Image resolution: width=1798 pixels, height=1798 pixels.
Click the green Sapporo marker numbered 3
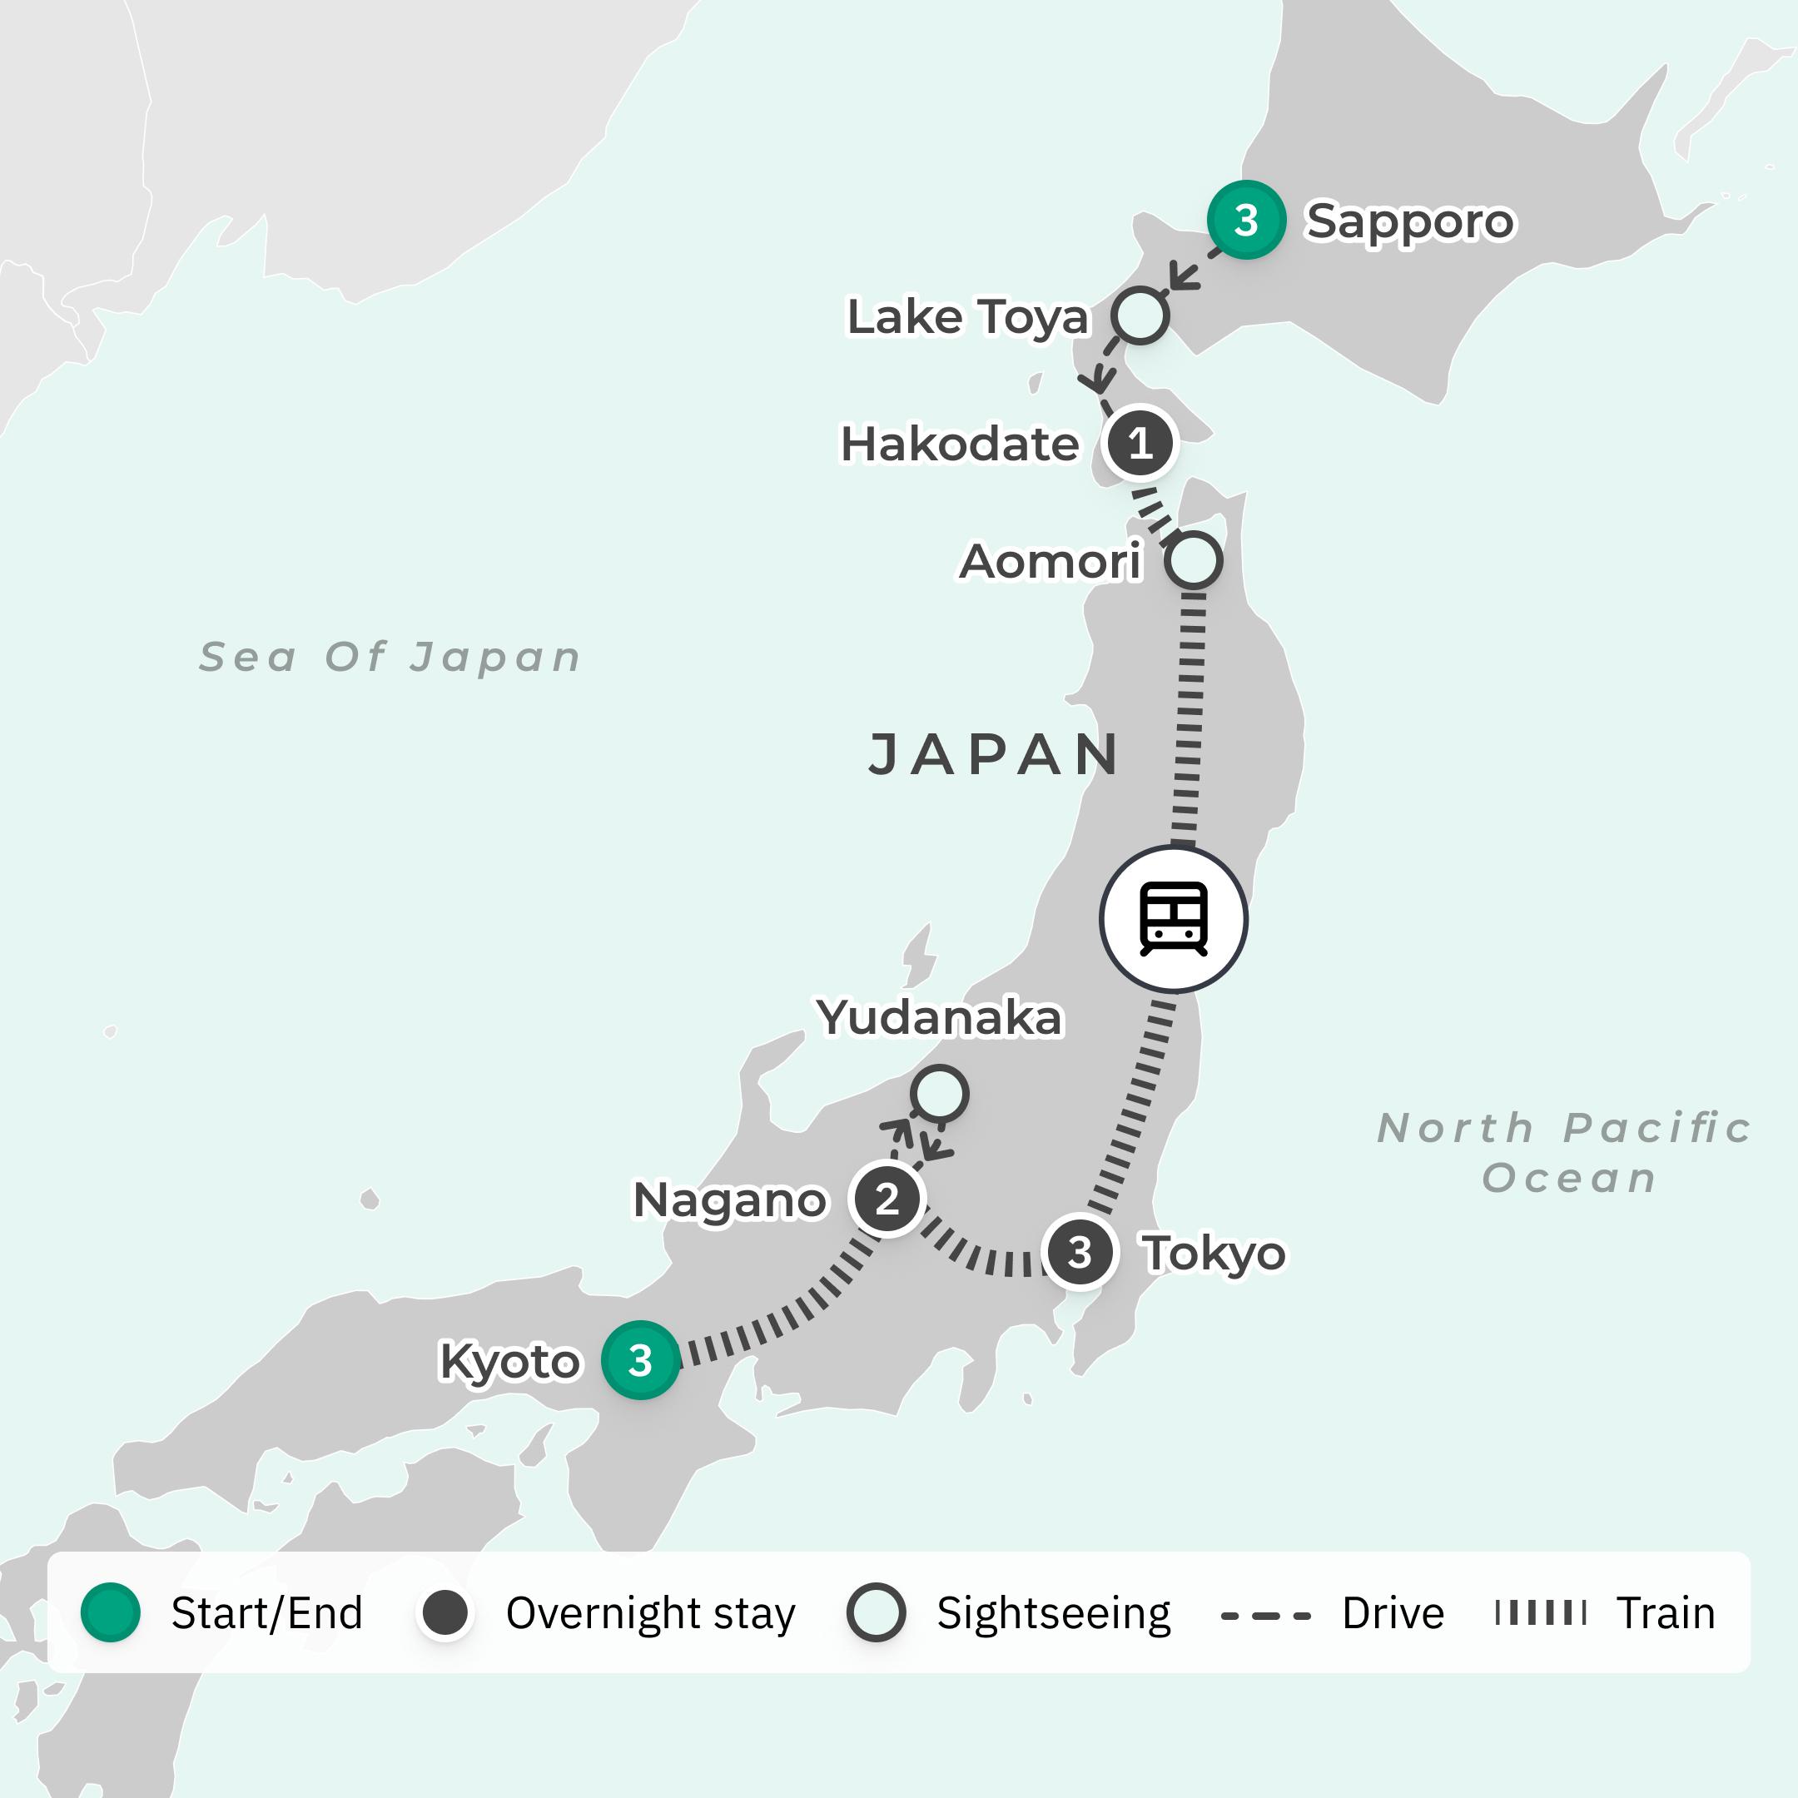click(1246, 221)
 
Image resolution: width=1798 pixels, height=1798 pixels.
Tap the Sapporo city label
click(1410, 221)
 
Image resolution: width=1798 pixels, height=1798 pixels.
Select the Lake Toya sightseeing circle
click(1140, 315)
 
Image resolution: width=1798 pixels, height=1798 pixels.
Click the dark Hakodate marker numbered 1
click(1140, 443)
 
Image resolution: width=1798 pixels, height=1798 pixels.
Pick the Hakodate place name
click(960, 444)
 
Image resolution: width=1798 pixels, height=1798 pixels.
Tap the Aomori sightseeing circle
click(1193, 560)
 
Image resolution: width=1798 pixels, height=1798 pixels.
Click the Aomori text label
click(1050, 561)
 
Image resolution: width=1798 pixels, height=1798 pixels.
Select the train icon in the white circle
click(1174, 918)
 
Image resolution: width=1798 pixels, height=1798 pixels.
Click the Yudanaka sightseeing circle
click(939, 1093)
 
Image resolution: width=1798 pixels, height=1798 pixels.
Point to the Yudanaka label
click(939, 1016)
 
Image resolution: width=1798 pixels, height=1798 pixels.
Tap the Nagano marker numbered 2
click(887, 1199)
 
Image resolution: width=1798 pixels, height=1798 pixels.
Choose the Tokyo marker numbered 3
click(1080, 1252)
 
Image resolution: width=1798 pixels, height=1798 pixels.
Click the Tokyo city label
click(1214, 1253)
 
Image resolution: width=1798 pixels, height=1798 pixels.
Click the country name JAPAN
click(994, 754)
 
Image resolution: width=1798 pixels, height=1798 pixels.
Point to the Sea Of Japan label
click(391, 657)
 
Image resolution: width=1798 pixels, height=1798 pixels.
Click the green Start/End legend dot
click(111, 1613)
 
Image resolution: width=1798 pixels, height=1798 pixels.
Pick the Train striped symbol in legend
click(1540, 1613)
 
